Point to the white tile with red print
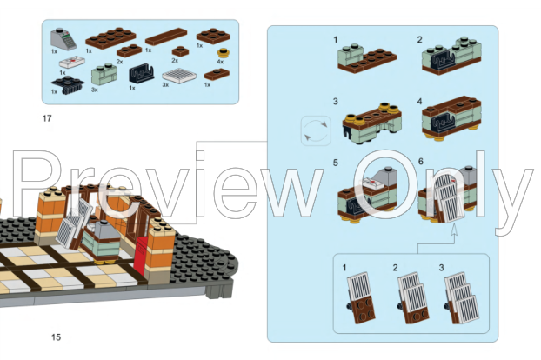click(x=73, y=60)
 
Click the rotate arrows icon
click(x=314, y=132)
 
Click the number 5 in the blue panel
click(x=335, y=163)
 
